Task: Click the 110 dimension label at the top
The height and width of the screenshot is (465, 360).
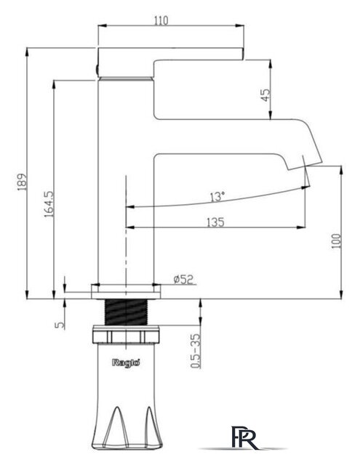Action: click(161, 20)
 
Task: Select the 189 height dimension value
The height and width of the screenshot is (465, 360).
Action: click(23, 182)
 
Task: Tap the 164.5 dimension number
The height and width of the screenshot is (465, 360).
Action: click(49, 204)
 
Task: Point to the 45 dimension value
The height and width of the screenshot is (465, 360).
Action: click(266, 95)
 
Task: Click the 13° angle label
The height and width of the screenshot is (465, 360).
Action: click(217, 197)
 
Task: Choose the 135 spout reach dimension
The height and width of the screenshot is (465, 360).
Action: click(215, 222)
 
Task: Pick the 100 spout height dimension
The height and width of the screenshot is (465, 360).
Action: click(336, 241)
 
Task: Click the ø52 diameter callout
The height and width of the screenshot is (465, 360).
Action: click(183, 279)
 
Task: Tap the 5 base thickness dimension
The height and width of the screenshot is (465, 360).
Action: click(60, 325)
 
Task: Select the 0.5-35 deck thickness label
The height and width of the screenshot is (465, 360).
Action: click(196, 351)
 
